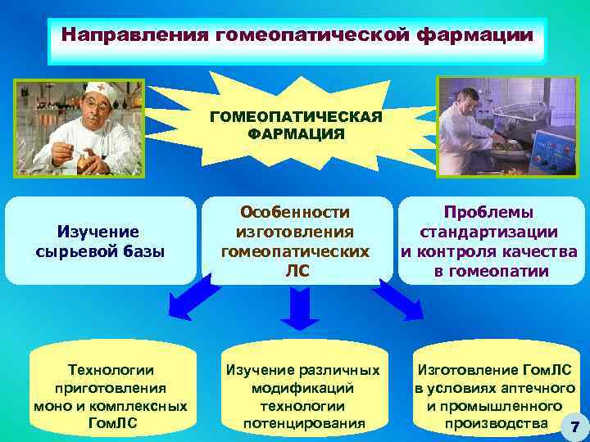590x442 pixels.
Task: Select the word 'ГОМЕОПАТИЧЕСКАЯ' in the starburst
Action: [x=296, y=117]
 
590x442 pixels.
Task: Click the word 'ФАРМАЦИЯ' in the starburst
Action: [x=296, y=133]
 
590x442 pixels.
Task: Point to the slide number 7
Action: [x=574, y=426]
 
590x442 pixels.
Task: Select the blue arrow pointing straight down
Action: [x=296, y=309]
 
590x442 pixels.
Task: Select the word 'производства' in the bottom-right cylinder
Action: [x=495, y=423]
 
